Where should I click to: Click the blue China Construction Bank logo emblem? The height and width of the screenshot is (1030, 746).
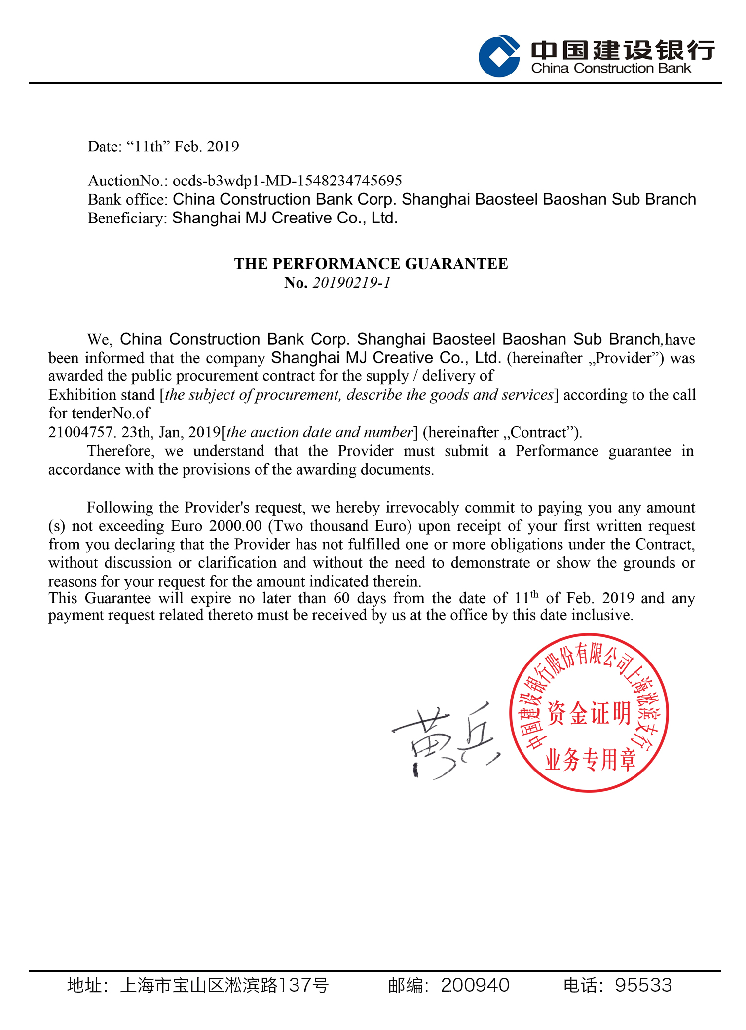coord(499,56)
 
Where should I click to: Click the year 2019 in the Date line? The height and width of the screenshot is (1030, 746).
coord(223,147)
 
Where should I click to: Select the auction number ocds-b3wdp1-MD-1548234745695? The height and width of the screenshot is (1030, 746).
coord(287,181)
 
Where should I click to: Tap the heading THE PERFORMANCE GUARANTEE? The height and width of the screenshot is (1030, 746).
coord(371,264)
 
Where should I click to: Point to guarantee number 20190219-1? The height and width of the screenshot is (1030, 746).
coord(351,283)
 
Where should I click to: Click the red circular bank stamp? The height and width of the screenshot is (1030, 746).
coord(589,713)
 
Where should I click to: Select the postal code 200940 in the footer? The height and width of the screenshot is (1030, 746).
coord(475,985)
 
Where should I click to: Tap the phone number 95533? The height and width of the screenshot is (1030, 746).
coord(643,985)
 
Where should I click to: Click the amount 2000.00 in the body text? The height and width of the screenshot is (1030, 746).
coord(235,526)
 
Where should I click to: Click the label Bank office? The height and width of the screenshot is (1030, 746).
coord(128,199)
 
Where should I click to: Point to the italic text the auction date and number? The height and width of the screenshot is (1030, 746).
coord(319,432)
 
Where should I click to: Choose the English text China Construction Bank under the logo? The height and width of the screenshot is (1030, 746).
coord(611,68)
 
